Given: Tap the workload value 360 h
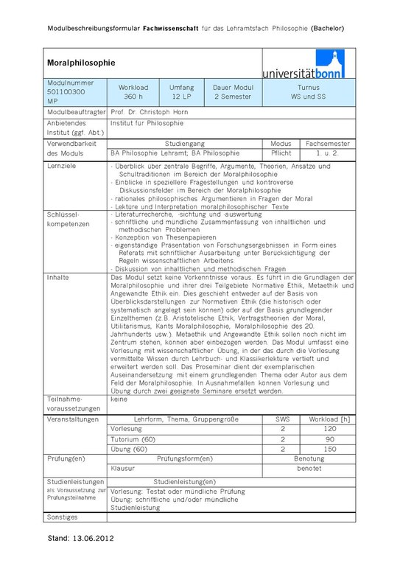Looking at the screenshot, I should pyautogui.click(x=133, y=97).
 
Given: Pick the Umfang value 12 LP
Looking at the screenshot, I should pyautogui.click(x=181, y=97).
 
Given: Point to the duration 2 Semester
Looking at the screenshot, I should pyautogui.click(x=233, y=97).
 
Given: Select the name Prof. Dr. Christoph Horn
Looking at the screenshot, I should pyautogui.click(x=149, y=112).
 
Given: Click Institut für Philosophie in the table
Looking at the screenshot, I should pyautogui.click(x=147, y=123).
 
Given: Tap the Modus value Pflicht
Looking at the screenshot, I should pyautogui.click(x=281, y=153).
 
